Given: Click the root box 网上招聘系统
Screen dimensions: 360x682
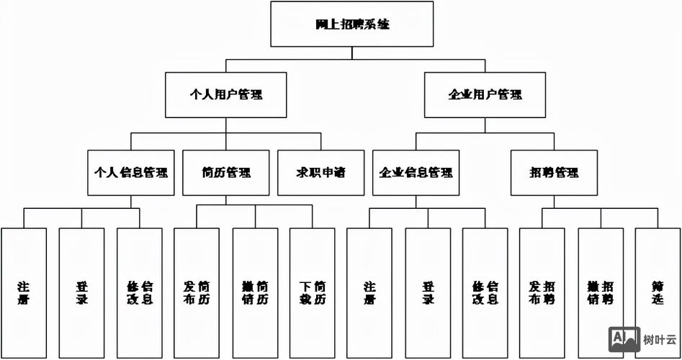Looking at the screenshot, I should click(352, 24).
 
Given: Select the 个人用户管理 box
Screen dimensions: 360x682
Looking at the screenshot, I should click(225, 94).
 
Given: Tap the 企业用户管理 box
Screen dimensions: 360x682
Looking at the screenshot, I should click(485, 94).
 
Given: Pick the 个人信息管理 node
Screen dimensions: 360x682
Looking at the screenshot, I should click(131, 173).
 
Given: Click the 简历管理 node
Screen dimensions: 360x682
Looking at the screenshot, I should click(226, 173).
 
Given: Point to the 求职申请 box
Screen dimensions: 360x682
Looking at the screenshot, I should click(320, 173).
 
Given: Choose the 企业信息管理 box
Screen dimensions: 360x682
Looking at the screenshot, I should click(416, 173).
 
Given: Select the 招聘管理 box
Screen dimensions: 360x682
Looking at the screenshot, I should click(554, 173).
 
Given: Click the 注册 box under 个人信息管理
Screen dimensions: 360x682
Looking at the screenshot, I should click(24, 292).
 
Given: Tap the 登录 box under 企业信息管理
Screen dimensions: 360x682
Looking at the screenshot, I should click(428, 292).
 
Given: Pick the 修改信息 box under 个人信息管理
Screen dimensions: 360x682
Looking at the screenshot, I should click(139, 292).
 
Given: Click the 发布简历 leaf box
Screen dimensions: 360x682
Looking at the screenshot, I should click(197, 292).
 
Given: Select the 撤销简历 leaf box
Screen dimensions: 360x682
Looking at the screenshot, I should click(255, 292).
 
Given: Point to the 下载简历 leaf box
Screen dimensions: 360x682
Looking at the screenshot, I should click(313, 292).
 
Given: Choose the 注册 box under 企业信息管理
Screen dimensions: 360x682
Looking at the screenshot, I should click(369, 292).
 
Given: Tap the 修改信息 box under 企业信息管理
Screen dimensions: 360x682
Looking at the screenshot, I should click(485, 292).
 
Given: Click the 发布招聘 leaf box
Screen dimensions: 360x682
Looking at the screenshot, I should click(542, 292).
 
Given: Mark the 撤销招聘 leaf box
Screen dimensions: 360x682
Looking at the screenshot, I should click(601, 292).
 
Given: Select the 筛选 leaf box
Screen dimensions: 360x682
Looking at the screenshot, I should click(658, 292).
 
